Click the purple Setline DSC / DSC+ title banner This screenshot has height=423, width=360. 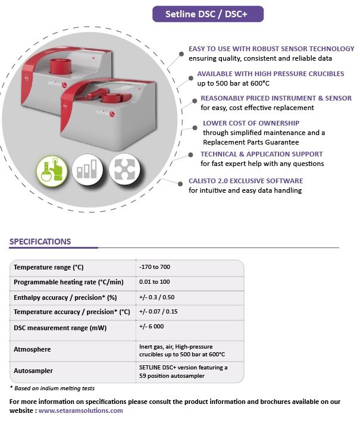coord(208,14)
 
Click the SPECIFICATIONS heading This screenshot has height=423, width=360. coord(40,242)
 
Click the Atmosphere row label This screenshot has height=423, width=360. coord(32,349)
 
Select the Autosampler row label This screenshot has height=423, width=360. coord(34,371)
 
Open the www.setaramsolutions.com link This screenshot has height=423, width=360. coord(81,410)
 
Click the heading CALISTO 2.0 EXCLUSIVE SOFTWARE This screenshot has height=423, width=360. coord(246,180)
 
